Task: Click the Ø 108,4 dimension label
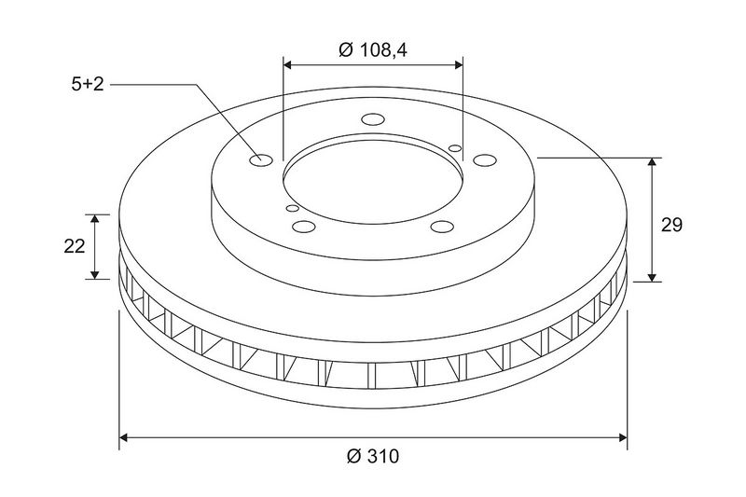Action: tap(373, 50)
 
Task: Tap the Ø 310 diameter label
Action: tap(373, 456)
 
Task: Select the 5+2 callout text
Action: tap(88, 85)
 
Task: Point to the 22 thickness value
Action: tap(75, 246)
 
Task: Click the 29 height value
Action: tap(671, 225)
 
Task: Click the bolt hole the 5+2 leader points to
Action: tap(261, 159)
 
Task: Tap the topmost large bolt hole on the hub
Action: tap(373, 119)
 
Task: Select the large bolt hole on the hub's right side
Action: tap(485, 160)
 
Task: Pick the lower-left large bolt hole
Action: tap(304, 227)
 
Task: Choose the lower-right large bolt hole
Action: tap(442, 227)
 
